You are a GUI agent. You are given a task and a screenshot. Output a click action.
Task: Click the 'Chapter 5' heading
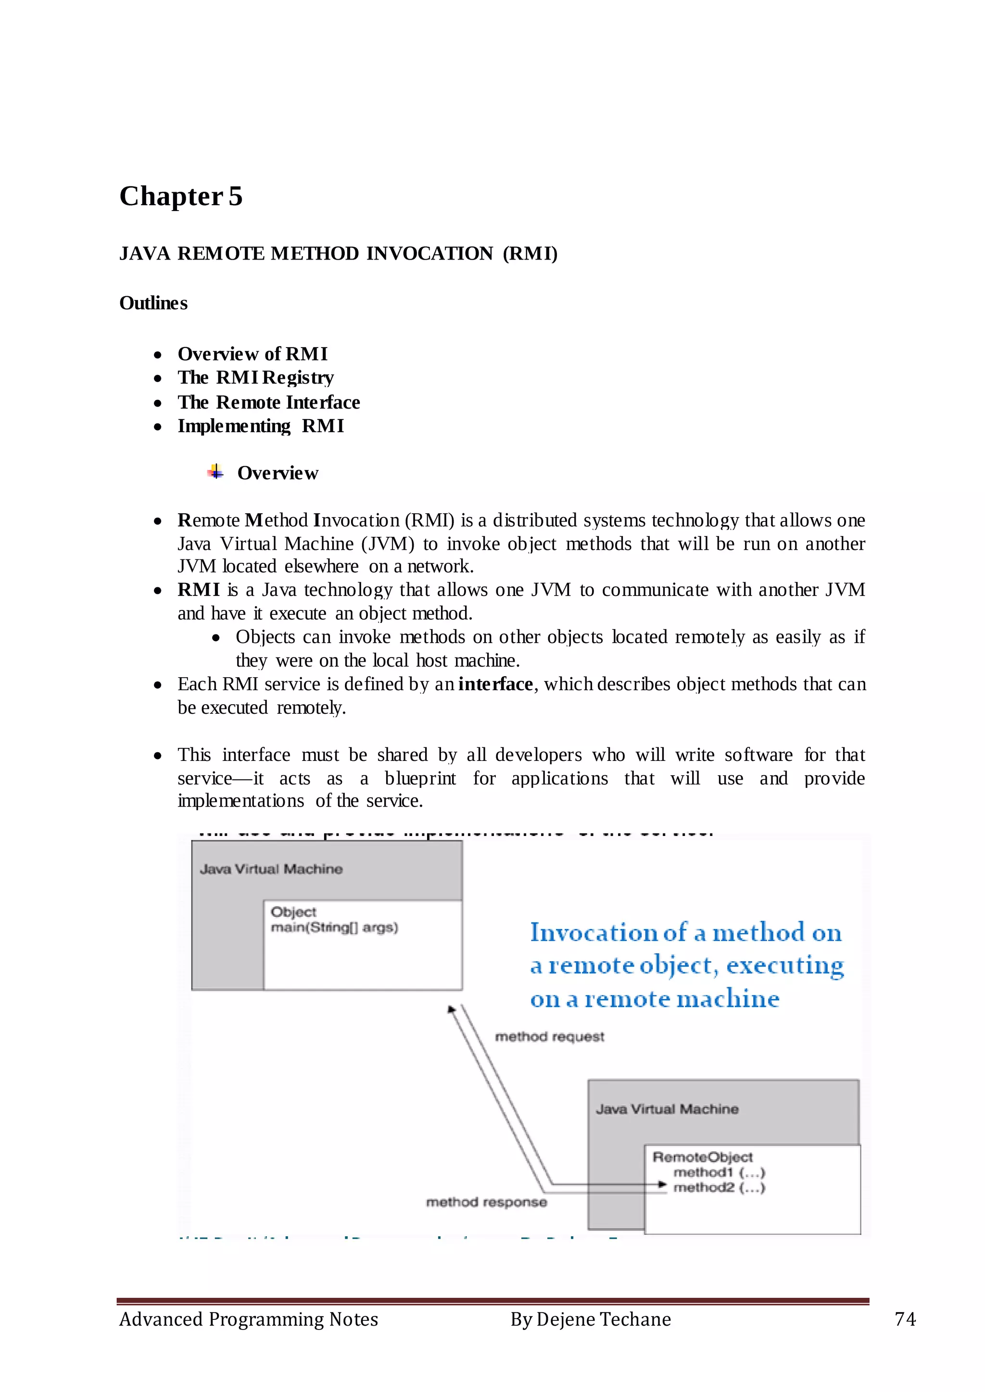click(x=181, y=197)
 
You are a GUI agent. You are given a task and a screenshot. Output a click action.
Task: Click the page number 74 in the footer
click(x=905, y=1319)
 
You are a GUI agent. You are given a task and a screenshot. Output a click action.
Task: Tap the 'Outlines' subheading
click(x=153, y=303)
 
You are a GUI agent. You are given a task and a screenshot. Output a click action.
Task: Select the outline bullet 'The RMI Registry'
click(x=255, y=378)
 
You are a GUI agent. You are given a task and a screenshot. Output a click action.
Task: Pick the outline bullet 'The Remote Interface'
click(x=269, y=403)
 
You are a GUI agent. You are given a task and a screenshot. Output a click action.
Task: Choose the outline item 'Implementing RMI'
click(x=261, y=426)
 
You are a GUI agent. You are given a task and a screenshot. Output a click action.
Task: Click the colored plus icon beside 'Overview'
click(x=215, y=472)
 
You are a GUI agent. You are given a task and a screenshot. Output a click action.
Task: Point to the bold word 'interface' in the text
click(x=495, y=684)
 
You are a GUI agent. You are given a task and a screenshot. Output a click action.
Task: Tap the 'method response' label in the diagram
click(x=486, y=1202)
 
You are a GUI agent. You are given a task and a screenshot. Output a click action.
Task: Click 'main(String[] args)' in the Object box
click(x=334, y=928)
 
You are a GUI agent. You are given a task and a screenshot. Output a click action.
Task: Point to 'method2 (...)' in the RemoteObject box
click(x=720, y=1188)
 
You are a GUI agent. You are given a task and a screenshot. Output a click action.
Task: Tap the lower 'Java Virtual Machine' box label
click(x=667, y=1109)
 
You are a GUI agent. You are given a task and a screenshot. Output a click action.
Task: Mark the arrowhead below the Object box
click(x=451, y=1009)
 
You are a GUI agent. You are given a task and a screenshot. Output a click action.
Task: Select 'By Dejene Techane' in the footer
click(x=591, y=1319)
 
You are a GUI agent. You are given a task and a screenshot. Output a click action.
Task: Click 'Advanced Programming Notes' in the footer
click(x=249, y=1319)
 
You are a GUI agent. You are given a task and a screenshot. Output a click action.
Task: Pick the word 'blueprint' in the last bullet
click(x=420, y=779)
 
